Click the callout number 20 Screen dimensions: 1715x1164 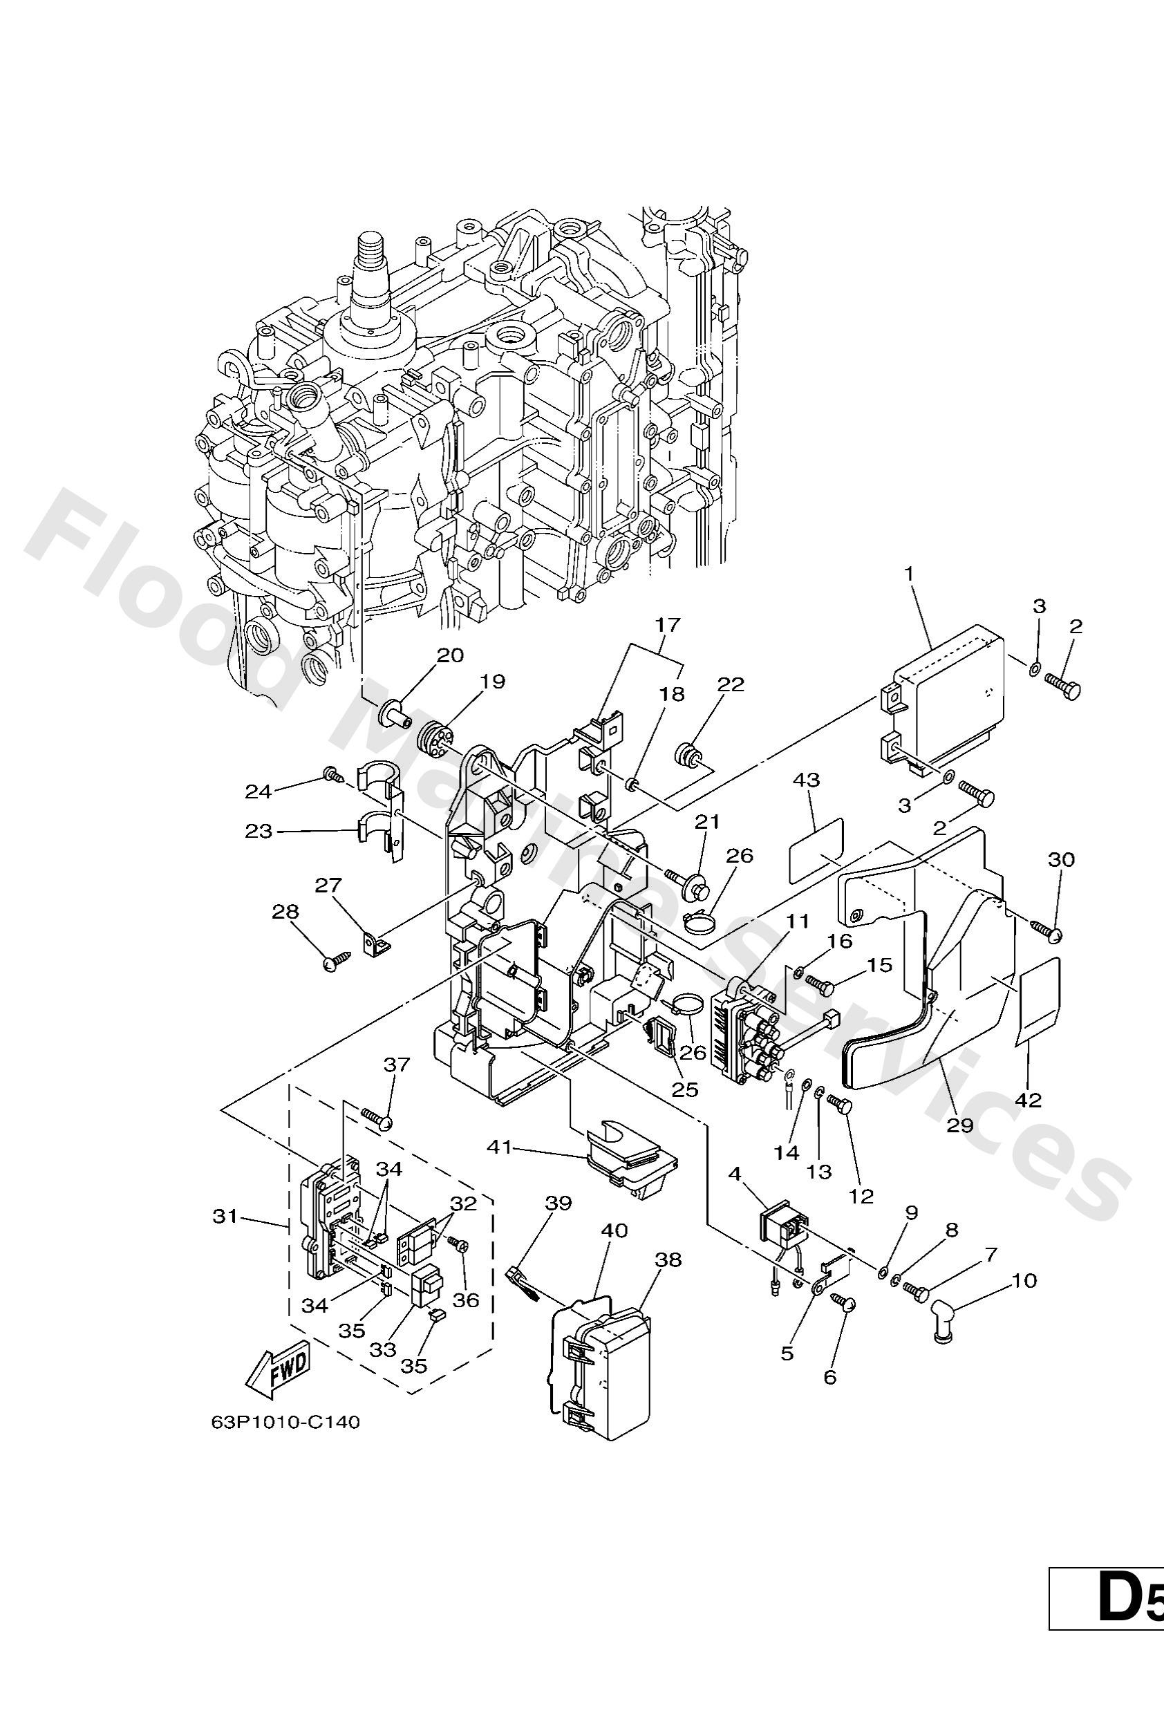(451, 655)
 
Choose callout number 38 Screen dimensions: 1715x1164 (668, 1259)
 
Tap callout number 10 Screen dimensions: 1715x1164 (1025, 1280)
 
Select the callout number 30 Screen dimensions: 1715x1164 (1061, 860)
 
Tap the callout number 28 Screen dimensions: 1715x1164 (285, 912)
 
